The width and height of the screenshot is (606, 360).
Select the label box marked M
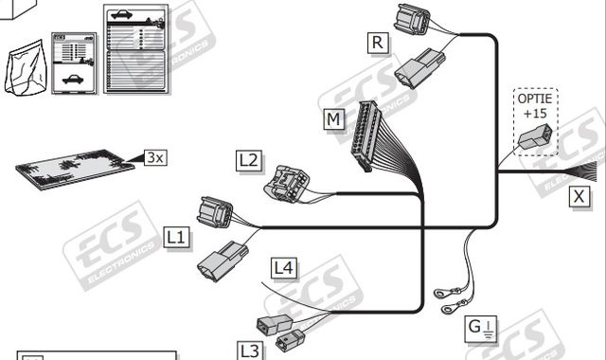pyautogui.click(x=332, y=120)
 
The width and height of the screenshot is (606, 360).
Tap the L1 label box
pyautogui.click(x=176, y=236)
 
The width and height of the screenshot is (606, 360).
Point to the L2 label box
pyautogui.click(x=248, y=160)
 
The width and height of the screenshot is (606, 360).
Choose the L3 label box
pyautogui.click(x=248, y=351)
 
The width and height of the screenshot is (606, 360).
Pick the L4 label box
pyautogui.click(x=283, y=268)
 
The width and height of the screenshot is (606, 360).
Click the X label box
pyautogui.click(x=578, y=197)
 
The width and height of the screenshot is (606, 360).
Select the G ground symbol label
pyautogui.click(x=478, y=330)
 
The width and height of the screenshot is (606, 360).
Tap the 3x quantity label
pyautogui.click(x=155, y=157)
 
